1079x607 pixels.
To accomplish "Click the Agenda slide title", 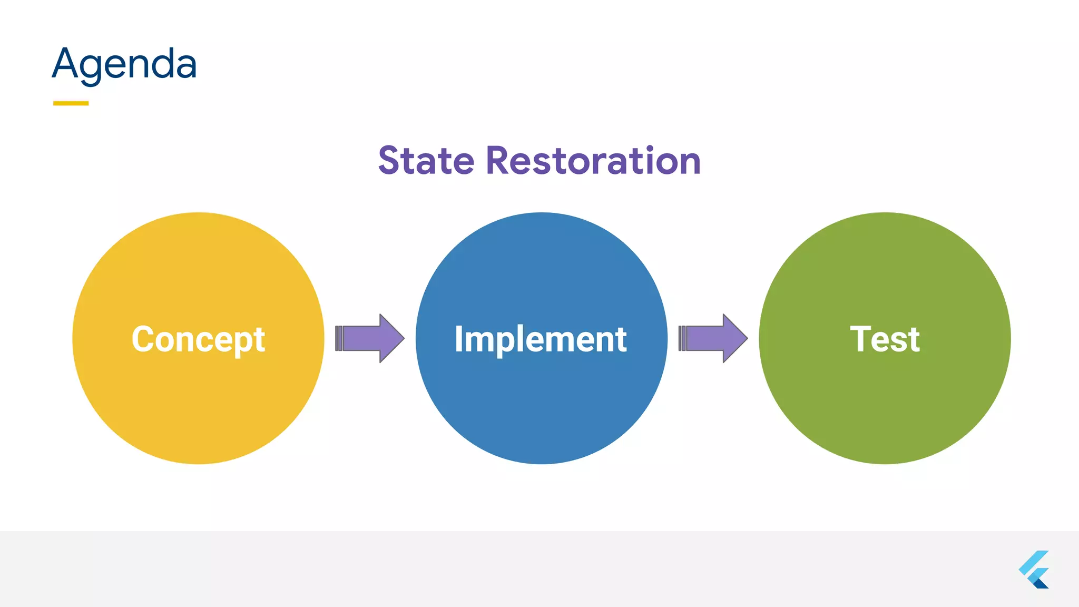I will [124, 64].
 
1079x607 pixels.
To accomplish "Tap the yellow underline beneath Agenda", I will [71, 103].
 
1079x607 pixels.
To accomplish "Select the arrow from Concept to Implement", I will [370, 338].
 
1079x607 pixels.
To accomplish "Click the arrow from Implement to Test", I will [713, 338].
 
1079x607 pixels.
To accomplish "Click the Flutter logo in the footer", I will [1034, 570].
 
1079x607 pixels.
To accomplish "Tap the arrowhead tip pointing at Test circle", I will [746, 338].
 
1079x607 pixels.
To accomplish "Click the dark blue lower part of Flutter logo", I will [1040, 583].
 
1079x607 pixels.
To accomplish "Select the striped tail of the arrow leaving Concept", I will [339, 338].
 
